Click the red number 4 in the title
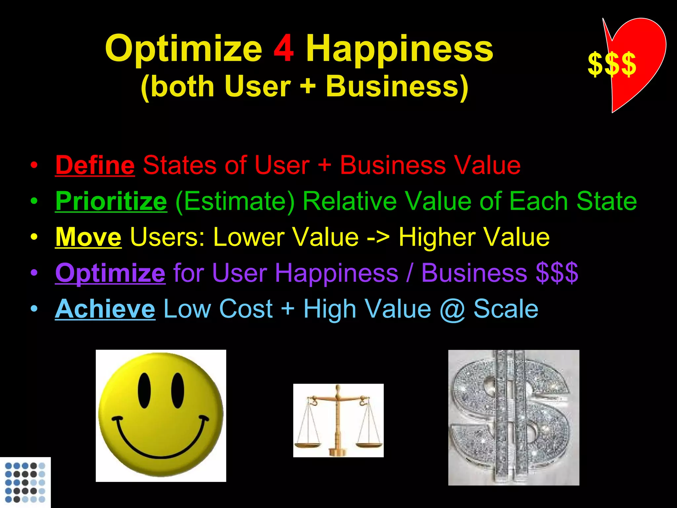tap(283, 49)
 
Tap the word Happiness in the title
tap(399, 50)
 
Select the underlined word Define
tap(95, 165)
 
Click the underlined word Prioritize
tap(111, 201)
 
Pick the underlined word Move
tap(88, 237)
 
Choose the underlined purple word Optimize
tap(110, 273)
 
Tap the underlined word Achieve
tap(105, 309)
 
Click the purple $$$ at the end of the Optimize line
tap(557, 273)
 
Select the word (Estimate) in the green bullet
tap(235, 201)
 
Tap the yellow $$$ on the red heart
tap(612, 64)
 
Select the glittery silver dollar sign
tap(513, 417)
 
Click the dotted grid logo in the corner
tap(25, 482)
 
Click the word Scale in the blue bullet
tap(506, 309)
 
